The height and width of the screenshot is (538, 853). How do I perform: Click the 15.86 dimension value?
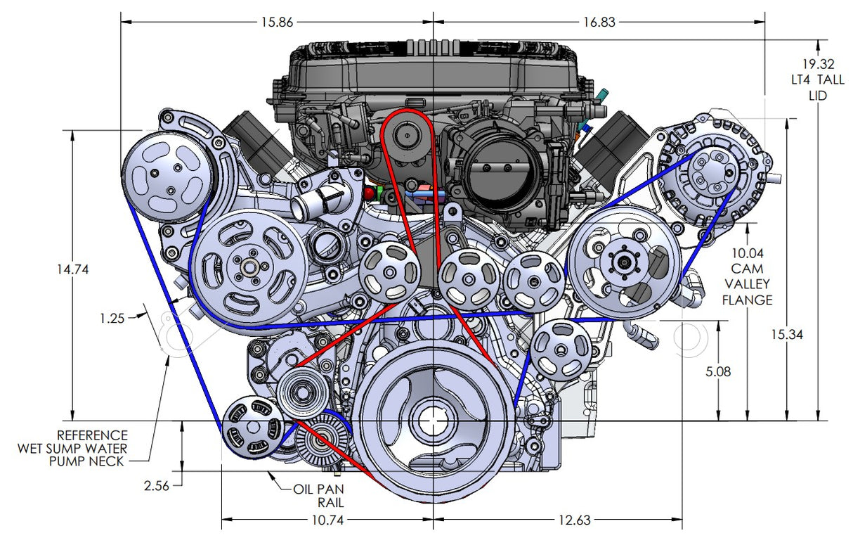(x=276, y=22)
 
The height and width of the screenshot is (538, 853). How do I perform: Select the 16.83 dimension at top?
(x=598, y=22)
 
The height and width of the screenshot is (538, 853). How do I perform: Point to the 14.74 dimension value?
(x=72, y=269)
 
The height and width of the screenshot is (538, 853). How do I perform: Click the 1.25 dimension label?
(x=112, y=318)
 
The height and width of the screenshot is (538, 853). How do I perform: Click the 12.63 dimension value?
(x=575, y=521)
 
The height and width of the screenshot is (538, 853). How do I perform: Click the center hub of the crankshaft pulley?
(x=431, y=421)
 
